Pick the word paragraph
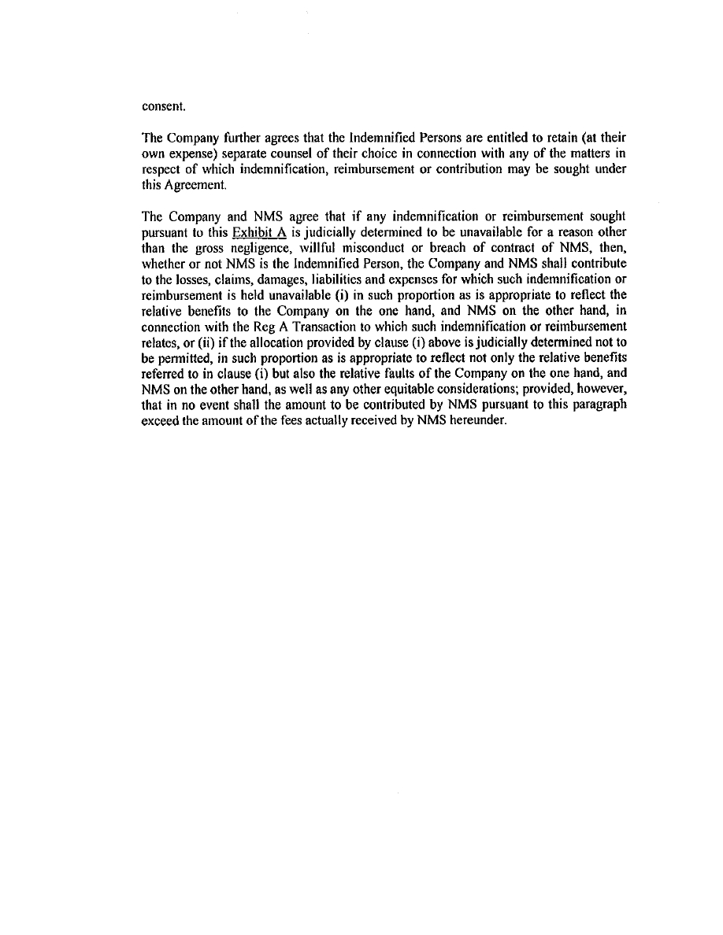[599, 389]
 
